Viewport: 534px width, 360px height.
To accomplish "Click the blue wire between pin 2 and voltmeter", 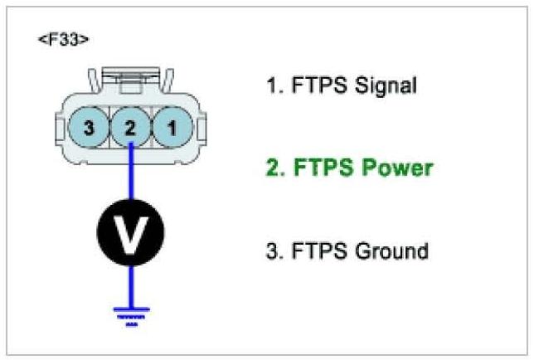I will [x=131, y=174].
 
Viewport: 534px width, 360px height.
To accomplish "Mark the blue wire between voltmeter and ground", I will [x=131, y=283].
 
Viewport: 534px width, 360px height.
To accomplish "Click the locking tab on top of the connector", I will [x=131, y=83].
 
